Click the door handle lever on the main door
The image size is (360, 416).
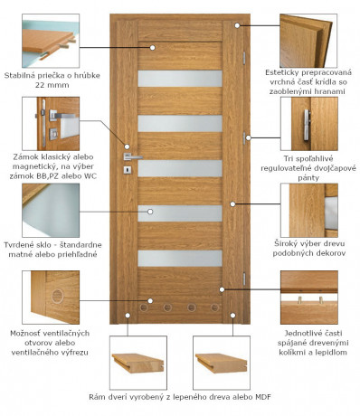click(133, 156)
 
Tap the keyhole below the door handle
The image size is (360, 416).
click(128, 173)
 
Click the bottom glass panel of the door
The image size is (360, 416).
click(180, 258)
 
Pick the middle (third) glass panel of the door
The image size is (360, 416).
click(180, 168)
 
